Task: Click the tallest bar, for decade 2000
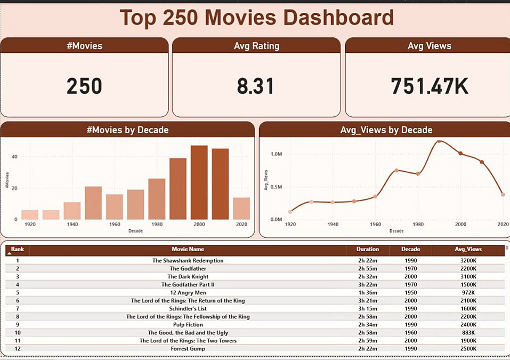[199, 182]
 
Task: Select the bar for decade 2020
[241, 209]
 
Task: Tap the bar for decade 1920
[30, 214]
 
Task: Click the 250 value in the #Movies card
[84, 86]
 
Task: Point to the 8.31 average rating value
[255, 86]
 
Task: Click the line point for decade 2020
[503, 195]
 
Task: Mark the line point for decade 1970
[396, 170]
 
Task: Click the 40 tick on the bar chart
[15, 157]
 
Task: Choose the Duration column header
[368, 249]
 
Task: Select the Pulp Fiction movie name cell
[188, 324]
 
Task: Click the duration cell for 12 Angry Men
[368, 293]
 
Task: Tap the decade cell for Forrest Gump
[410, 349]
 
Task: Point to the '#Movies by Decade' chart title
[127, 130]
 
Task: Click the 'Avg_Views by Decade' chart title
[386, 130]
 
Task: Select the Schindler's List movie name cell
[188, 309]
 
